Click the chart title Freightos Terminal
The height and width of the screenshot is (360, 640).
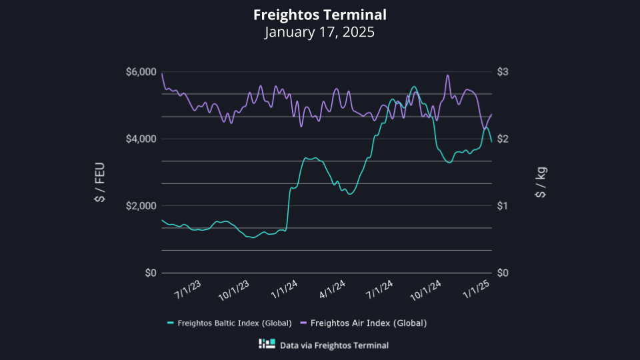[x=319, y=15]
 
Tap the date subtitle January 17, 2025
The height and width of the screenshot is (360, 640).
[x=319, y=32]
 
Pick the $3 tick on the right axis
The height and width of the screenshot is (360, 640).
[x=504, y=72]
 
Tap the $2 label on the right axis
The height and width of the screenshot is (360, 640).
[x=504, y=139]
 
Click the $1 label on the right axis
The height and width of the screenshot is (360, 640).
[x=504, y=205]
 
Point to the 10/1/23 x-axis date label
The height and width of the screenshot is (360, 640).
[x=234, y=291]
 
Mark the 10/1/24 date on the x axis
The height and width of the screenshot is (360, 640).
[x=427, y=291]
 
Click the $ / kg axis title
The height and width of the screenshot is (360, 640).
[x=541, y=183]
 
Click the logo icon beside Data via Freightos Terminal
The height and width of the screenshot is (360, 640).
[x=267, y=345]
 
